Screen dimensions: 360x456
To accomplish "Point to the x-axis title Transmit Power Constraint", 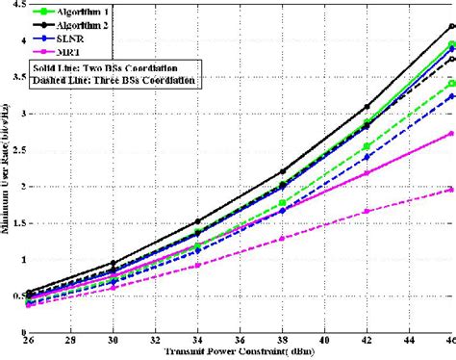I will pyautogui.click(x=241, y=353).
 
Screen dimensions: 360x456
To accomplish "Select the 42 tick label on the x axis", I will pyautogui.click(x=367, y=342).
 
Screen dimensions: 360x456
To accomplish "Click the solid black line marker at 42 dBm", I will pyautogui.click(x=367, y=107).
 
